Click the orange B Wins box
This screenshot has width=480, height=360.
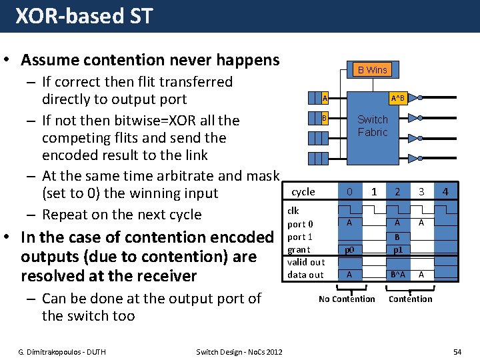tap(372, 69)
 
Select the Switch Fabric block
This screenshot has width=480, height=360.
tap(372, 126)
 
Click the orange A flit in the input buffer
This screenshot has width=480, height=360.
tap(324, 99)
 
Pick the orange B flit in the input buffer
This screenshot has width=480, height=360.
tap(324, 119)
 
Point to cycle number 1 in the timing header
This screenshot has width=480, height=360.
tap(374, 192)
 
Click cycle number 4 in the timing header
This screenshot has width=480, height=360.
tap(445, 192)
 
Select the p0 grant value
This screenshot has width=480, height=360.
tap(349, 249)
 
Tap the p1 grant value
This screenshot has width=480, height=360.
tap(397, 249)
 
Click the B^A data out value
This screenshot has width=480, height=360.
tap(397, 275)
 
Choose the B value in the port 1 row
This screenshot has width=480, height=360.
tap(397, 236)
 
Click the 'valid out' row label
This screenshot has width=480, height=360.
tap(305, 262)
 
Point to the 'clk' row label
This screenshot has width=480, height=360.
tap(293, 211)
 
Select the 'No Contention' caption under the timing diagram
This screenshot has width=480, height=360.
tap(347, 299)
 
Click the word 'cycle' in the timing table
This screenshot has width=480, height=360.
tap(303, 192)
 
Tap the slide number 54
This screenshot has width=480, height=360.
tap(457, 351)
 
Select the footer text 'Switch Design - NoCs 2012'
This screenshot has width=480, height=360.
tap(239, 351)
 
